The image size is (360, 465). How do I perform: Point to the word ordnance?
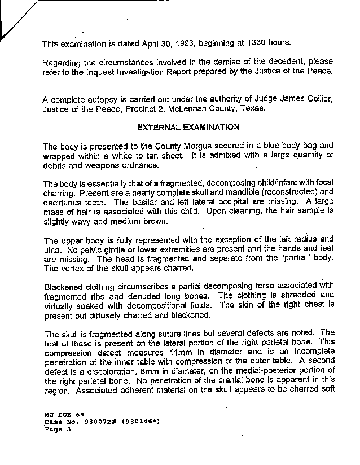coord(141,165)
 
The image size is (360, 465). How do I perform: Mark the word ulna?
coord(50,248)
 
